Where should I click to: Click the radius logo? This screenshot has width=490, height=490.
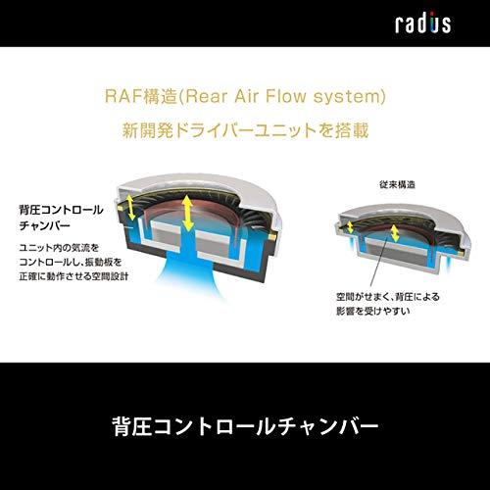pos(423,23)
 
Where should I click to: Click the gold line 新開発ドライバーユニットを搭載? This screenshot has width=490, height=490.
pos(245,130)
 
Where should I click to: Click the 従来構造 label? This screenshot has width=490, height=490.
pos(397,184)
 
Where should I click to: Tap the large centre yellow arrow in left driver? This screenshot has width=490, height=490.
pos(187,213)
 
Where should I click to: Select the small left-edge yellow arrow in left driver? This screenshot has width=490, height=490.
pos(130,207)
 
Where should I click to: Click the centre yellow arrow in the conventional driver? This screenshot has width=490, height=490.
pos(395,233)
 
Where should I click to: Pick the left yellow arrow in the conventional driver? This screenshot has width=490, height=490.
pos(350,227)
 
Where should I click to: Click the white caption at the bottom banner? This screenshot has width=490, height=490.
pos(245,426)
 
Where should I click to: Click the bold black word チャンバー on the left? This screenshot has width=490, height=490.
pos(45,225)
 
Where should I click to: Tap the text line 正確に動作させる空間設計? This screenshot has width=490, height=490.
pos(73,276)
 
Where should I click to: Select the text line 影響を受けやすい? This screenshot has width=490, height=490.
pos(373,311)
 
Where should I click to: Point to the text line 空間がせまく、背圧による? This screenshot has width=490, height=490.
pos(388,297)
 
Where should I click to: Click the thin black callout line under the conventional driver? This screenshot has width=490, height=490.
pos(379,266)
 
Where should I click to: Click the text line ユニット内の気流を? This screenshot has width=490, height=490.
pos(59,248)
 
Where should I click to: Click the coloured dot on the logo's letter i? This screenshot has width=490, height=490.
pos(432,14)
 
